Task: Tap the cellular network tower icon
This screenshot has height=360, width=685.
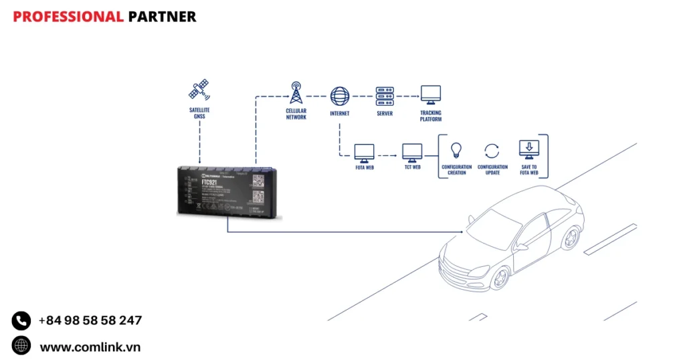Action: pyautogui.click(x=296, y=94)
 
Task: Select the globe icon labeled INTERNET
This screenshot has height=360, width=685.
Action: pyautogui.click(x=340, y=95)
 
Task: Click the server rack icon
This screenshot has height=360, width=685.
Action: pyautogui.click(x=385, y=95)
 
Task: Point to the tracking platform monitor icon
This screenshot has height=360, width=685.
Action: pyautogui.click(x=430, y=95)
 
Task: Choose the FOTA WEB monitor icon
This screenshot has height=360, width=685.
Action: pyautogui.click(x=364, y=152)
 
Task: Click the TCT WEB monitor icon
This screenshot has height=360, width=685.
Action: pyautogui.click(x=411, y=152)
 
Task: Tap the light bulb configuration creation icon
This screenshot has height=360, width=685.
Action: pyautogui.click(x=457, y=149)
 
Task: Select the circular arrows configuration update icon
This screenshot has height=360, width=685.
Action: pyautogui.click(x=492, y=150)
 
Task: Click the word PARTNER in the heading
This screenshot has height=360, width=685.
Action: pyautogui.click(x=162, y=17)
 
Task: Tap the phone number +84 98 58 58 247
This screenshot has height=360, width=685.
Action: pyautogui.click(x=90, y=321)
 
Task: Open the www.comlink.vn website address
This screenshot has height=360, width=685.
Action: pyautogui.click(x=90, y=347)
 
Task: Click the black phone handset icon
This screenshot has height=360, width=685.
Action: pyautogui.click(x=21, y=321)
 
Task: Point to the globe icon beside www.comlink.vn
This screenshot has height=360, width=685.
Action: pyautogui.click(x=21, y=346)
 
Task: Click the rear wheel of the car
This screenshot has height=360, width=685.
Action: pyautogui.click(x=571, y=237)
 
